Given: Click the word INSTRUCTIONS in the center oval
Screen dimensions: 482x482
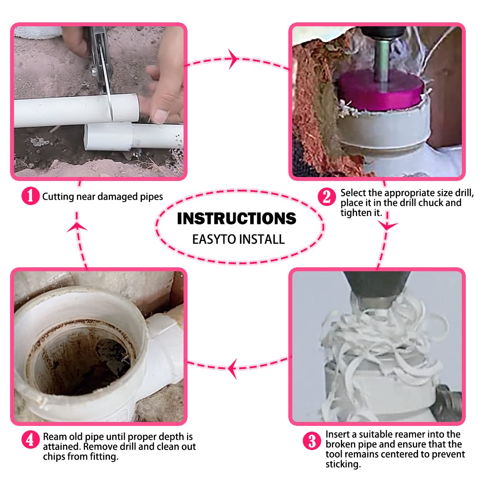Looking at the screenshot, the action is click(x=236, y=219).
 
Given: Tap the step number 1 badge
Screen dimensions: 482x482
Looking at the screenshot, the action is click(x=30, y=196).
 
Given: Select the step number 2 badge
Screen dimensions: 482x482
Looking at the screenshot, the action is click(x=326, y=197).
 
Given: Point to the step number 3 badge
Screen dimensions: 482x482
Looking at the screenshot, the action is click(x=312, y=441).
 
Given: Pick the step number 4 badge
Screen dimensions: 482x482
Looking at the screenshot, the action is click(x=30, y=440).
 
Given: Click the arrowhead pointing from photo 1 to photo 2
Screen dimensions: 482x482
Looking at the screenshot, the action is click(x=234, y=59).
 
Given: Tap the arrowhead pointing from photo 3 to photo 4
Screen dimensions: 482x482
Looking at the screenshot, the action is click(x=232, y=368).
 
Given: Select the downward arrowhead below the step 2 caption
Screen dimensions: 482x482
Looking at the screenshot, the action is click(x=387, y=226).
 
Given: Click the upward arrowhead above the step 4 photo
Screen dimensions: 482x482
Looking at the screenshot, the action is click(x=77, y=227).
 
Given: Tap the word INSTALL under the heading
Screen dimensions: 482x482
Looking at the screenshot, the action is click(x=262, y=239).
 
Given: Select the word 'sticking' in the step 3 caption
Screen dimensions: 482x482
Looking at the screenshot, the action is click(x=343, y=464).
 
